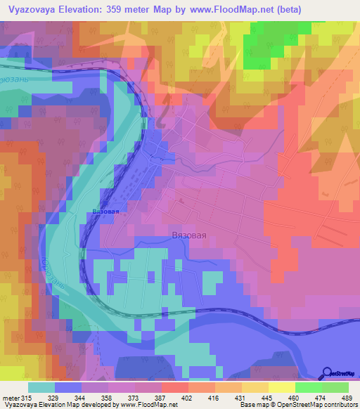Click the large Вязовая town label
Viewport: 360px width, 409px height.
pos(189,236)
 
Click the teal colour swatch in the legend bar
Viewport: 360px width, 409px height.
pos(41,387)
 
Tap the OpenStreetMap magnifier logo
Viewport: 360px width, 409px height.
pos(328,373)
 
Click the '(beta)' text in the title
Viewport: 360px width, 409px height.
pos(286,10)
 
